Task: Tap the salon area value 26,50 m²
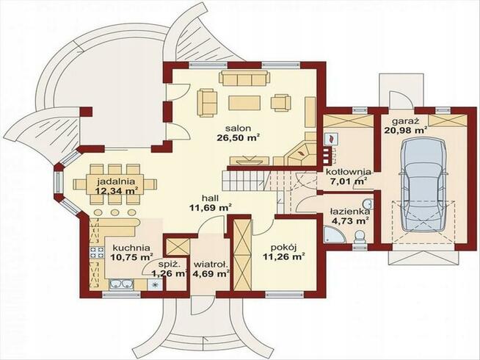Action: click(x=239, y=137)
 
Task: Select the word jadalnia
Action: click(x=116, y=181)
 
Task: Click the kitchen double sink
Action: click(x=122, y=284)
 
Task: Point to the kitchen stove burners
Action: click(x=96, y=252)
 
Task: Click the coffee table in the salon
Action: click(x=244, y=103)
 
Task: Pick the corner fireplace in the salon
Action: click(x=302, y=154)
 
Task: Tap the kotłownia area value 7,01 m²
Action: click(x=349, y=181)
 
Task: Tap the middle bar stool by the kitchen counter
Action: click(x=115, y=212)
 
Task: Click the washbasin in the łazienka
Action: click(x=368, y=204)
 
